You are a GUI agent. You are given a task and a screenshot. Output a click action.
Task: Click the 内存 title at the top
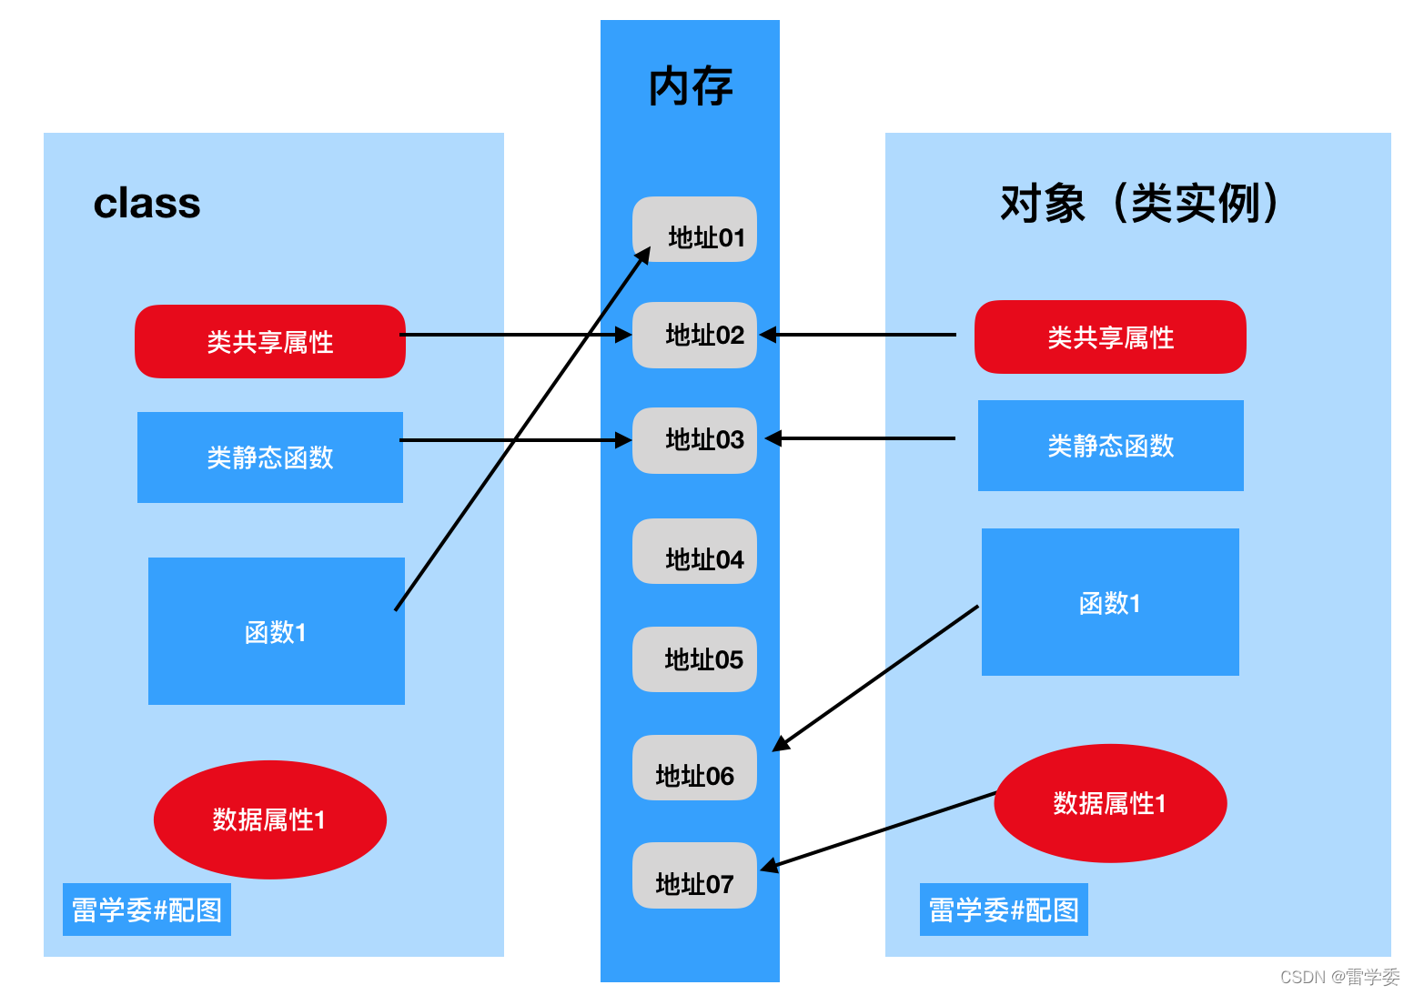click(690, 87)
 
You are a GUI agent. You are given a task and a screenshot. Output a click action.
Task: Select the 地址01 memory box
click(695, 230)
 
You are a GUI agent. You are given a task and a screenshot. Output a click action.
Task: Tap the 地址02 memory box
click(695, 335)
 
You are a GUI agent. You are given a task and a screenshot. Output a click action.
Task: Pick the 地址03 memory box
click(695, 440)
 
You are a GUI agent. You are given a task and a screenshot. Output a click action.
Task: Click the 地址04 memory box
click(695, 552)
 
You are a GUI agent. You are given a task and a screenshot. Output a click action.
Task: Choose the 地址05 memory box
click(695, 659)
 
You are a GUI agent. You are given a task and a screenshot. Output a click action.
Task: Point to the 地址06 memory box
click(695, 769)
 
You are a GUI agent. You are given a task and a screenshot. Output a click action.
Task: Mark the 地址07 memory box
click(695, 876)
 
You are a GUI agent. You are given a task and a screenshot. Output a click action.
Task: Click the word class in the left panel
click(146, 203)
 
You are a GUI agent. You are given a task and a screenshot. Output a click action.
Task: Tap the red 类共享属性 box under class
click(270, 342)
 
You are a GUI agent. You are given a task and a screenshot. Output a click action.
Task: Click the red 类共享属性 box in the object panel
click(1110, 337)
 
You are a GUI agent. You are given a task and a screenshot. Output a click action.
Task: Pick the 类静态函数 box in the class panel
click(270, 457)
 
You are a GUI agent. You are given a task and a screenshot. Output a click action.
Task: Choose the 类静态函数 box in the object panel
click(1110, 446)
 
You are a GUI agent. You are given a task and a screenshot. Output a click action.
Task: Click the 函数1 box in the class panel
click(276, 631)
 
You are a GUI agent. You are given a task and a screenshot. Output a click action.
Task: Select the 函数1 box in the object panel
click(1110, 602)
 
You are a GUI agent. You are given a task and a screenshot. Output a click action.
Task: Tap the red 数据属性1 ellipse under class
click(270, 819)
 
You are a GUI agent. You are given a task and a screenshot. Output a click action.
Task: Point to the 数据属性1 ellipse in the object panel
click(1110, 803)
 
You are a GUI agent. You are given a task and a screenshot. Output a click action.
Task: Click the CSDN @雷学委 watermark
click(1339, 977)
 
